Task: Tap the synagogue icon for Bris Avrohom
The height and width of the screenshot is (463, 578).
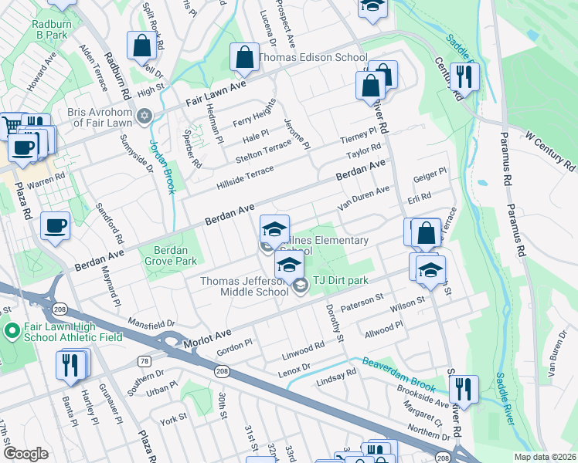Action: click(143, 117)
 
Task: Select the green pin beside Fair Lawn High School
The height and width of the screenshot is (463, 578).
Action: click(12, 332)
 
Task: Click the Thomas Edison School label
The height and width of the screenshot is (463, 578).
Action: click(313, 57)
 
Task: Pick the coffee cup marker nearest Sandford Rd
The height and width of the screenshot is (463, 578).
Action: click(55, 226)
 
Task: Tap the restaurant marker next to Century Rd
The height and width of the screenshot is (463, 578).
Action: click(464, 76)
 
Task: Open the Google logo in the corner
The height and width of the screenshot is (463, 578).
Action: click(25, 454)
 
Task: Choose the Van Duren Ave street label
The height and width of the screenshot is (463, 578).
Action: click(363, 198)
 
